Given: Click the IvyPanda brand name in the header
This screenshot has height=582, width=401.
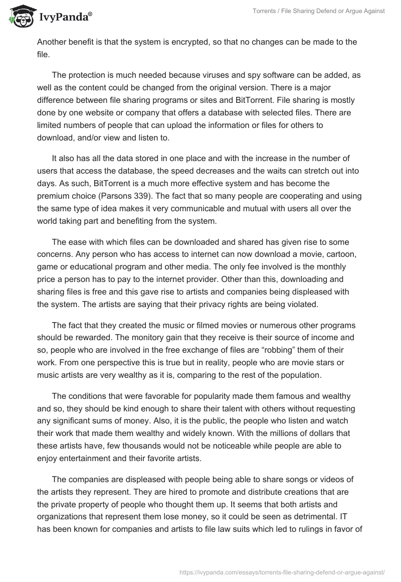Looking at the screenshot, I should tap(65, 17).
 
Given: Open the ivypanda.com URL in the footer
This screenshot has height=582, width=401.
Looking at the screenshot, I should tap(282, 571).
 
